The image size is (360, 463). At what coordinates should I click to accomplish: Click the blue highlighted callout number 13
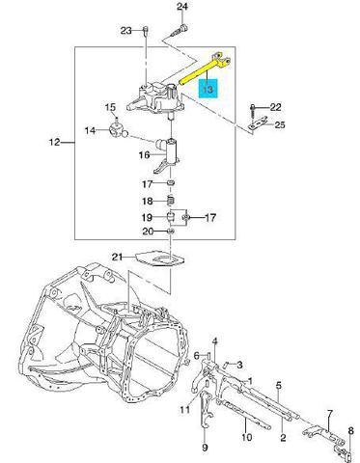(208, 89)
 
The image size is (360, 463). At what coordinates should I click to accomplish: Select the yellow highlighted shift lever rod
(205, 68)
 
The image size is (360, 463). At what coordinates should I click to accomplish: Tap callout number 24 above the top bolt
(181, 7)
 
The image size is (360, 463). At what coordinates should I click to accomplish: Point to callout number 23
(126, 31)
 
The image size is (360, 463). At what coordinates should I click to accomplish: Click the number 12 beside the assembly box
(55, 142)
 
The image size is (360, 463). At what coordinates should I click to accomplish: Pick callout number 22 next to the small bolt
(275, 107)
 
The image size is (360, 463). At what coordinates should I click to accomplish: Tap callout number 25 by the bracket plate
(280, 124)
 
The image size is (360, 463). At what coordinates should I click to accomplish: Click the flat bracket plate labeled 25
(258, 123)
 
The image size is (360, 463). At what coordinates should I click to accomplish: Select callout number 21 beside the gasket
(118, 257)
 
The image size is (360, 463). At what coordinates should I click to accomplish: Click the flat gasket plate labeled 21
(160, 259)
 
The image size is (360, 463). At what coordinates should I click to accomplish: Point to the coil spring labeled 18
(172, 201)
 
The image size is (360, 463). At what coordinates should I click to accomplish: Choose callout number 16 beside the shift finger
(145, 155)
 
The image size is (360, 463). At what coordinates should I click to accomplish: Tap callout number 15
(110, 107)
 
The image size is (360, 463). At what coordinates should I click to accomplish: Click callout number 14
(91, 130)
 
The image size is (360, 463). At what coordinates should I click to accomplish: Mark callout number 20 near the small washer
(148, 231)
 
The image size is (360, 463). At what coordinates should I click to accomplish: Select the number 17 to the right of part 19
(210, 218)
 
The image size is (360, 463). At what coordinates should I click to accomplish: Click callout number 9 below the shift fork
(205, 447)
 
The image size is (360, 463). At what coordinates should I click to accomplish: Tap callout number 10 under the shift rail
(246, 437)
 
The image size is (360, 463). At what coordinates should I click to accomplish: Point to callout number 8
(350, 430)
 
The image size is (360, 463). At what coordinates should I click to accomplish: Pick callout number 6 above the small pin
(197, 356)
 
